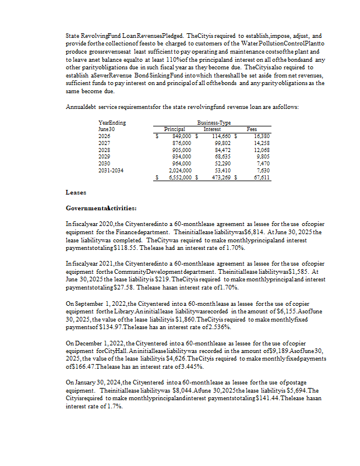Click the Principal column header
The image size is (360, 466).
pos(175,129)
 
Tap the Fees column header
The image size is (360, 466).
pos(252,129)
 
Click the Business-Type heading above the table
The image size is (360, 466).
pos(214,123)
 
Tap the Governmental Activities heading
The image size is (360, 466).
pos(102,208)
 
